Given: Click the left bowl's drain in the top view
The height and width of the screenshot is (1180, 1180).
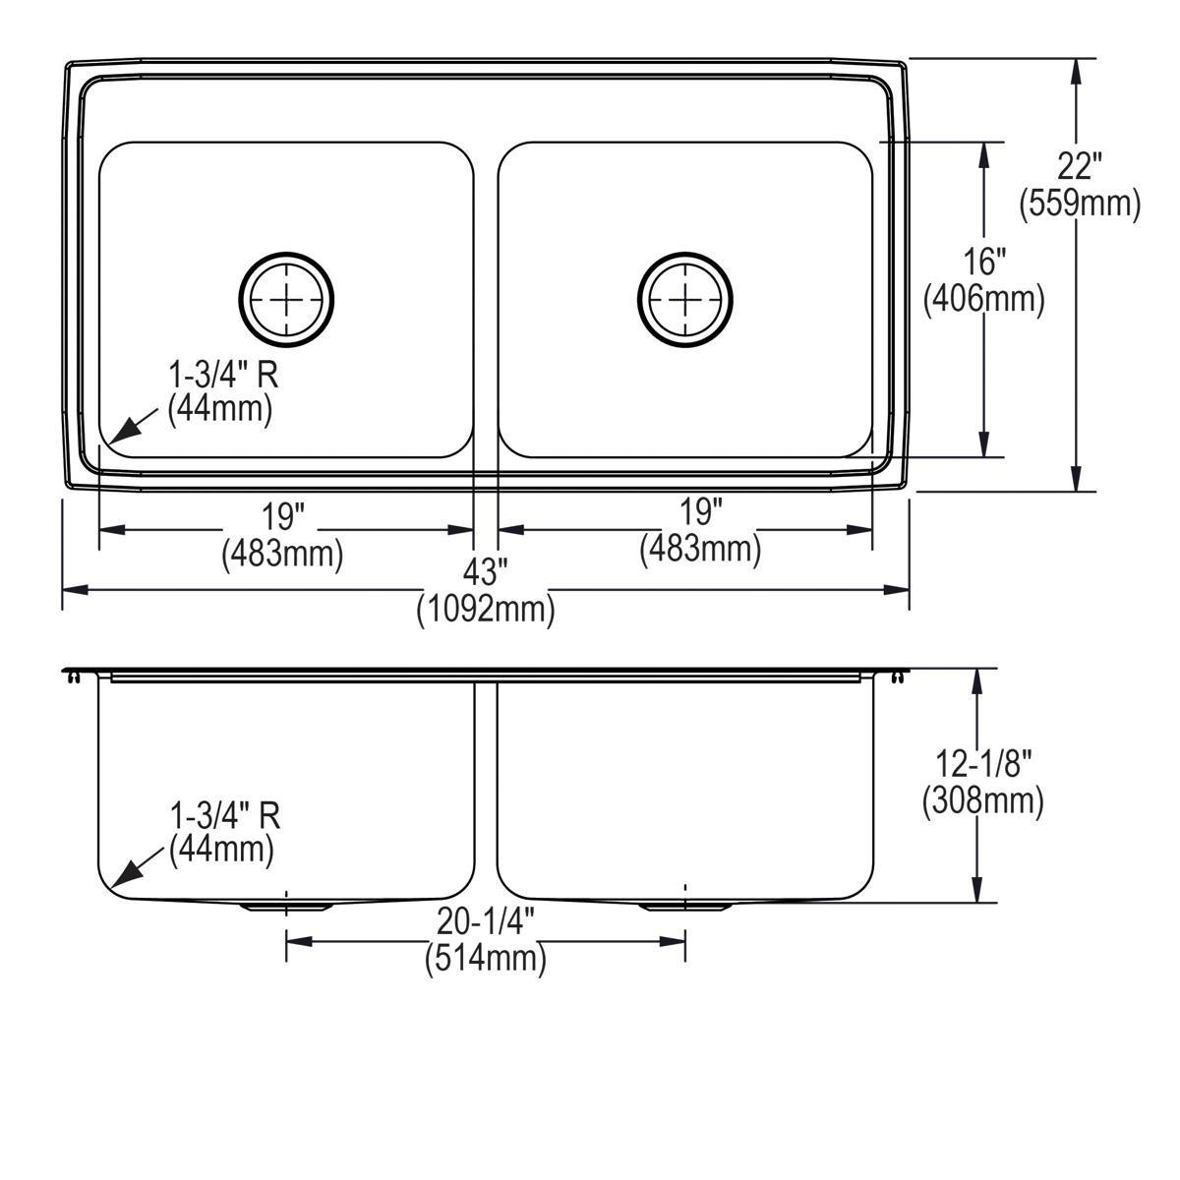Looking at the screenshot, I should pos(287,297).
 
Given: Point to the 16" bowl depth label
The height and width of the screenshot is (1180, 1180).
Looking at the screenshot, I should pos(983,263).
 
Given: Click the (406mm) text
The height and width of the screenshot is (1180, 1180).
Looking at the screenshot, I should pos(983,299).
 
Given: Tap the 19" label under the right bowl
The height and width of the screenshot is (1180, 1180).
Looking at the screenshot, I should pos(700,511).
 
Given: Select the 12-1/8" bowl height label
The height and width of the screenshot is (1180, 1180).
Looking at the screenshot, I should pos(982,762).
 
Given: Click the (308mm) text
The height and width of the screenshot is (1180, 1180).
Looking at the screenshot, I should pos(982,800).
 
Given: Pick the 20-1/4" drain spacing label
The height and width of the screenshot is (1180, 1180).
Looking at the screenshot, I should pos(485,920).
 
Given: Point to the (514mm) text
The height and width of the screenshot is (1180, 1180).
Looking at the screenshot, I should pos(485,958).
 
